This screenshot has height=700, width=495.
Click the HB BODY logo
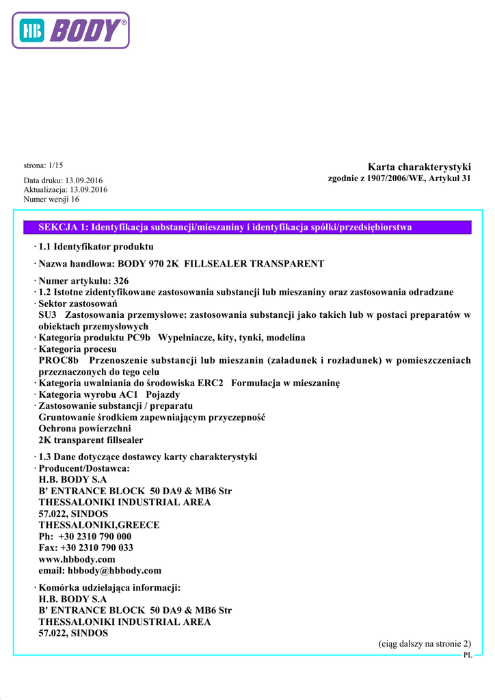point(70,31)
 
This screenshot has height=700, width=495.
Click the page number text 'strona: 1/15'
point(44,165)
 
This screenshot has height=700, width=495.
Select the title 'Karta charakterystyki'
point(419,167)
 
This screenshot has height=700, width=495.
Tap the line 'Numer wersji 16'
point(51,200)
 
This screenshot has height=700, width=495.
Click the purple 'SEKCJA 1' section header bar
point(247,228)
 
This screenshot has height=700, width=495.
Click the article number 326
point(121,281)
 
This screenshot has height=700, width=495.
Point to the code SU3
point(48,315)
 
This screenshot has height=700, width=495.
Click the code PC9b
point(139,338)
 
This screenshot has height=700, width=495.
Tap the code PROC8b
point(59,360)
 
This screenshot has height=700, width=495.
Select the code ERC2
point(213,383)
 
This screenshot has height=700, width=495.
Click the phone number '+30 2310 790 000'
point(95,537)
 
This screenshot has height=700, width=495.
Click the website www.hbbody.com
point(77,559)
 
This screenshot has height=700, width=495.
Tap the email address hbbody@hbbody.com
point(114,570)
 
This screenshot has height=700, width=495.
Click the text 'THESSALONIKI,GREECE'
point(99,525)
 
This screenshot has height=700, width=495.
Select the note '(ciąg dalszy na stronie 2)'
point(425,644)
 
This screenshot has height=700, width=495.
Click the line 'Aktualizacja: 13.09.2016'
point(66,190)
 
